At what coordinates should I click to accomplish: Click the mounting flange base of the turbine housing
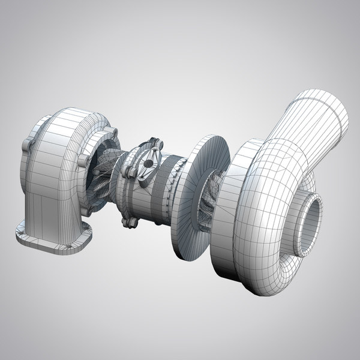click(x=54, y=240)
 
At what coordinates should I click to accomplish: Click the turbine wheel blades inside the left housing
click(x=102, y=180)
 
